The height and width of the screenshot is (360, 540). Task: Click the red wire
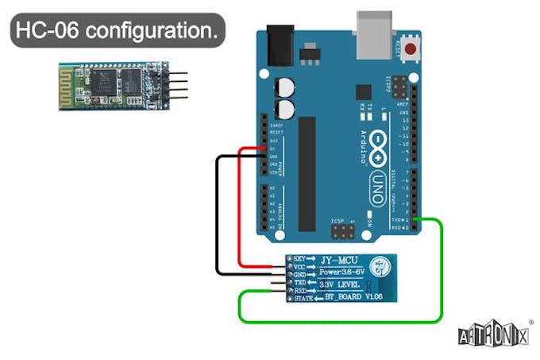point(240,207)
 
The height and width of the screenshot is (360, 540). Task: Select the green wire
point(440,270)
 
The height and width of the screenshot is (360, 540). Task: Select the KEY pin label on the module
point(299,259)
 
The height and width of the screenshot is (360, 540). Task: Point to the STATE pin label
point(303,298)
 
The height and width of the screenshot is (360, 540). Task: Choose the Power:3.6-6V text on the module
point(350,272)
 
